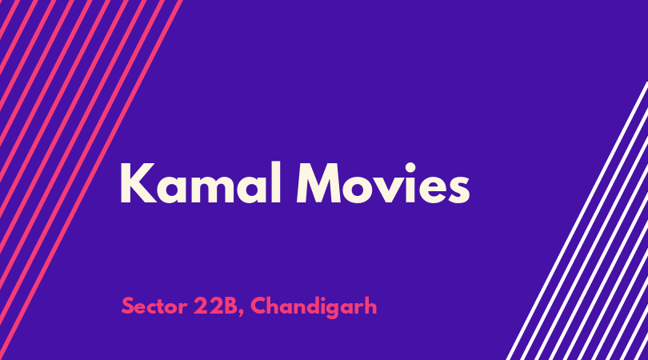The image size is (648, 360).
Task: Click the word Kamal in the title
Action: (201, 182)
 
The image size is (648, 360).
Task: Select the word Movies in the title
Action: (383, 182)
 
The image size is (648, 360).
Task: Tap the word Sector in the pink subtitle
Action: (154, 306)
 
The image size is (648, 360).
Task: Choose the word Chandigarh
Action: (314, 307)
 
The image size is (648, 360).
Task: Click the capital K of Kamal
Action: (138, 183)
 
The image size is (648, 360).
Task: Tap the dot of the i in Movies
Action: (410, 168)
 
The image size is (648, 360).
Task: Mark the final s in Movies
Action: (458, 189)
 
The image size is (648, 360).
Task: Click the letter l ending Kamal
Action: (277, 182)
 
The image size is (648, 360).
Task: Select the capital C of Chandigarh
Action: (258, 306)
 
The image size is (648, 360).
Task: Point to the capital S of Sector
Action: (128, 306)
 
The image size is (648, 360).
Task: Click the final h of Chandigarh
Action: (370, 306)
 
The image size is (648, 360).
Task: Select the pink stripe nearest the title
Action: (91, 180)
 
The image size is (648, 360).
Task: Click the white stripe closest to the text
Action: (578, 220)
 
